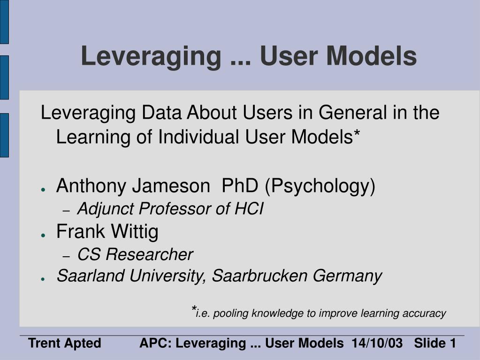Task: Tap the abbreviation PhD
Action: [240, 185]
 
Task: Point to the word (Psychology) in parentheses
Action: [320, 186]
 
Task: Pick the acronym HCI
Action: [249, 209]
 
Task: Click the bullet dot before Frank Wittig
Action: [43, 235]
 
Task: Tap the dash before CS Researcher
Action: [67, 256]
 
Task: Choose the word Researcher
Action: [149, 254]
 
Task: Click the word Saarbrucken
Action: [259, 276]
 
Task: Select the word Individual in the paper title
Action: [198, 137]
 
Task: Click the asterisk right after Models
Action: [357, 133]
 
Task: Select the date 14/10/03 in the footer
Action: [377, 343]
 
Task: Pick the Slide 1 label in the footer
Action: [435, 343]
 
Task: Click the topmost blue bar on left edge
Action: [4, 22]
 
